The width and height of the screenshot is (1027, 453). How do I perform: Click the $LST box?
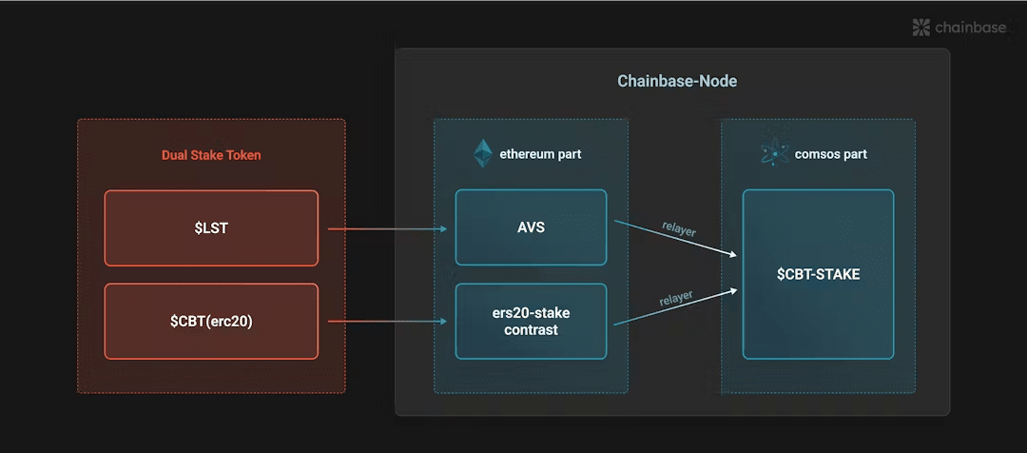click(211, 228)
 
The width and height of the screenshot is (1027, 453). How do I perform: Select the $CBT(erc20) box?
click(211, 322)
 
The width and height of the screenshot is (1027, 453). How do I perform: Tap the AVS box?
click(532, 228)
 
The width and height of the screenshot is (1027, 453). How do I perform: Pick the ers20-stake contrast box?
click(532, 322)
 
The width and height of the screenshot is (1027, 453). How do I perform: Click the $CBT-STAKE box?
click(818, 274)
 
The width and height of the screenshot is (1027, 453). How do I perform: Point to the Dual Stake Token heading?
click(211, 156)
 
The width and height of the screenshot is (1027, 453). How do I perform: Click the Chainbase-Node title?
click(677, 81)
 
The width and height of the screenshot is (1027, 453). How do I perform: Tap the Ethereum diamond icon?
click(483, 153)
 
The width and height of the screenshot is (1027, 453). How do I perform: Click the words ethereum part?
click(540, 155)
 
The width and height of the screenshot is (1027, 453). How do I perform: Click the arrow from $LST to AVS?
click(387, 228)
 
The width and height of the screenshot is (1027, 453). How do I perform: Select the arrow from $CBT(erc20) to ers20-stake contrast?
click(387, 322)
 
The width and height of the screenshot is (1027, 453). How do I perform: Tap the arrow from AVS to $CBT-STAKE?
click(674, 238)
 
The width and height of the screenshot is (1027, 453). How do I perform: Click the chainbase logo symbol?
click(921, 28)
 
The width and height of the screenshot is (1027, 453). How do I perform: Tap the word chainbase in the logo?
click(971, 28)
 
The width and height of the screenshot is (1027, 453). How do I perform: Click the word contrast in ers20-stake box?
click(532, 329)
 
